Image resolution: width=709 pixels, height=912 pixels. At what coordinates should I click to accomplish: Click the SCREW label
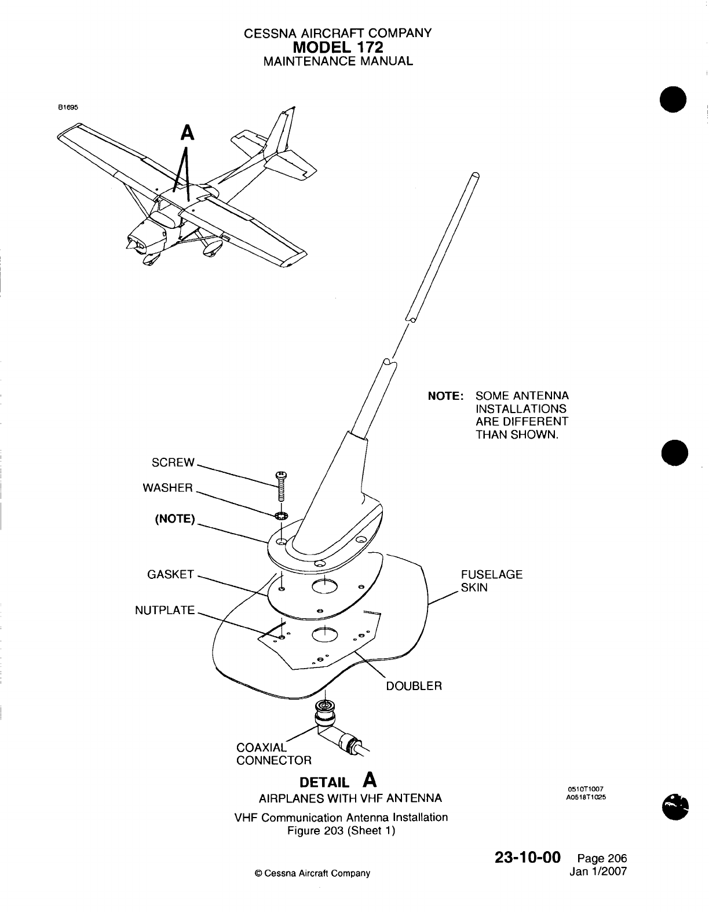click(173, 462)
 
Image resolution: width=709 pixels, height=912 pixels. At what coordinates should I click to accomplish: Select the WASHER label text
click(167, 488)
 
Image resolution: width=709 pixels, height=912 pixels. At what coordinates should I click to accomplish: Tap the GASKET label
click(170, 575)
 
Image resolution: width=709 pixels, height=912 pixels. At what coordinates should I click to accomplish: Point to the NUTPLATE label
click(165, 610)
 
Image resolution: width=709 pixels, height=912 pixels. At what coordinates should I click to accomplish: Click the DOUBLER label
click(414, 686)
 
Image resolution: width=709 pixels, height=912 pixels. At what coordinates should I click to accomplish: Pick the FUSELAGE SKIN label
click(491, 581)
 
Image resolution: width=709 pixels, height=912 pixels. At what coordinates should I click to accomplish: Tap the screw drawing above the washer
click(282, 487)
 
